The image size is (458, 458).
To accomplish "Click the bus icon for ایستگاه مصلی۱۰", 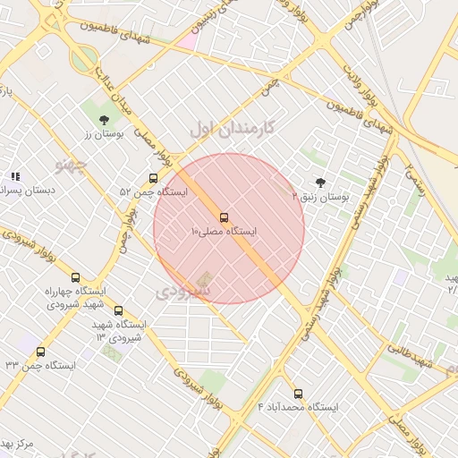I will point(224,217).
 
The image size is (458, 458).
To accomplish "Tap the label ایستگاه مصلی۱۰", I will point(224,232).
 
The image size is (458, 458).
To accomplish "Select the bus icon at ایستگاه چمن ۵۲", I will point(154,178).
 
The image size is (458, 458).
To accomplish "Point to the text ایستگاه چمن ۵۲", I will point(153,192).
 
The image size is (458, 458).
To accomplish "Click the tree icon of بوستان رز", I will point(104,119).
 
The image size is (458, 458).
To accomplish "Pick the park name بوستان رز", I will point(101,134).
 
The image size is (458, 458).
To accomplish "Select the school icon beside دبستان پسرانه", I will point(15,176).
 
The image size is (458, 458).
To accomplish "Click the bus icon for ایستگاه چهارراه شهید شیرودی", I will point(75,277).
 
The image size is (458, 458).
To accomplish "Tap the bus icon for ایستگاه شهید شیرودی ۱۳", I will point(118,310).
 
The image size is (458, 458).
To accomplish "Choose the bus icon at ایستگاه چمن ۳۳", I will point(40,352).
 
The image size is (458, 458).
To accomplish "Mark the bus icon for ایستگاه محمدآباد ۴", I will point(298,394).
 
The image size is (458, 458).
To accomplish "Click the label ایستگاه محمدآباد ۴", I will point(298,408).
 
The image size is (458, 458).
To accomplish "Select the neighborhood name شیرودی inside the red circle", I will point(184,292).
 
